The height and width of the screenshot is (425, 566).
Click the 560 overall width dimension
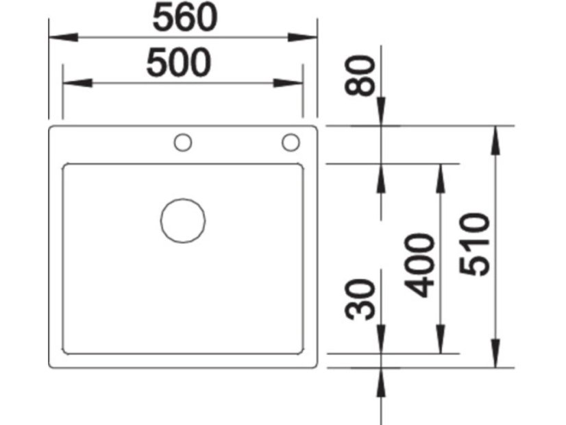pyautogui.click(x=184, y=19)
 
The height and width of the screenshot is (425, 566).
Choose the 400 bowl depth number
pyautogui.click(x=421, y=265)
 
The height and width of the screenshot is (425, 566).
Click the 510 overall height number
pyautogui.click(x=476, y=245)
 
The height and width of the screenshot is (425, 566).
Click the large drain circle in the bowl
pyautogui.click(x=183, y=220)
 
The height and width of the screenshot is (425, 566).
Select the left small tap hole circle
pyautogui.click(x=183, y=143)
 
